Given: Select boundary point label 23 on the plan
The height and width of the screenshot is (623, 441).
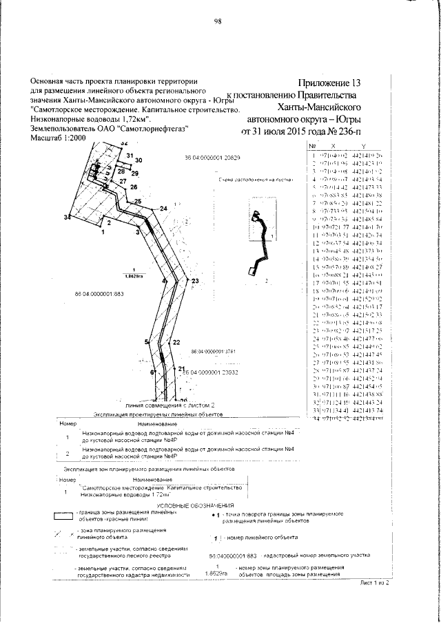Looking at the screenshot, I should tap(195, 281).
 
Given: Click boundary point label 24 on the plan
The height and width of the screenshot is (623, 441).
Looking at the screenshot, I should tap(163, 208).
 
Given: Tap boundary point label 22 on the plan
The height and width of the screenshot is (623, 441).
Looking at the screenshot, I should tap(176, 341).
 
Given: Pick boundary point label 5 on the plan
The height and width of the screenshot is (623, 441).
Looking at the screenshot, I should tap(147, 341).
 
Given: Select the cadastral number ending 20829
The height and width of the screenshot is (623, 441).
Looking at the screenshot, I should tap(212, 157).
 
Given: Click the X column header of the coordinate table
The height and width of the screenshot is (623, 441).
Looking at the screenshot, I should tap(334, 146).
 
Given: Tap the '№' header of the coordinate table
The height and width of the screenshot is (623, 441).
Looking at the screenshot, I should tap(312, 146).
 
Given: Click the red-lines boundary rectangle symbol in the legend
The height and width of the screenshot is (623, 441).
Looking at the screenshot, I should tap(66, 516).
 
